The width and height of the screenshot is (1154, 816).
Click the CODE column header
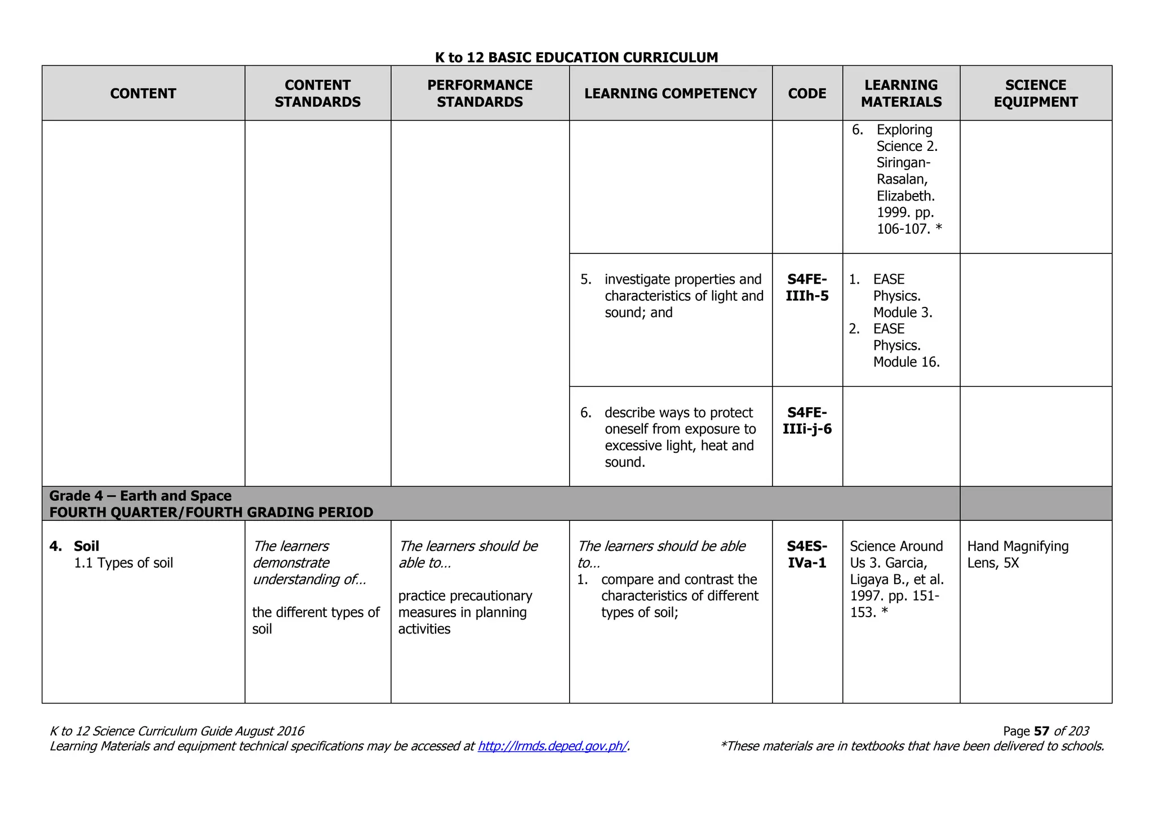click(x=807, y=93)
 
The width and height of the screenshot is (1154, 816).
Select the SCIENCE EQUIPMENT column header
click(x=1035, y=93)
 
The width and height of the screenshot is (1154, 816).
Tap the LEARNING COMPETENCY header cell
click(x=670, y=93)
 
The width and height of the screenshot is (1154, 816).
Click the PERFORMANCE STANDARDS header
click(x=480, y=93)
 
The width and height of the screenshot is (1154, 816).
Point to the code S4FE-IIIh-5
click(x=807, y=288)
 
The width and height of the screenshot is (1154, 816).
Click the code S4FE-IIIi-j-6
click(x=807, y=421)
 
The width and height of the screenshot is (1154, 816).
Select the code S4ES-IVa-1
click(x=807, y=554)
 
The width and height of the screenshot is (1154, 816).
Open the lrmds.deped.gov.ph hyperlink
click(x=552, y=746)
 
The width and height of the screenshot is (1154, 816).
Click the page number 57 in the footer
click(x=1041, y=731)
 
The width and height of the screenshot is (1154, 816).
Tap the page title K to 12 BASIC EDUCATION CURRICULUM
click(x=576, y=57)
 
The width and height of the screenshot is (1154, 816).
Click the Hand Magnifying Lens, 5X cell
click(x=1018, y=554)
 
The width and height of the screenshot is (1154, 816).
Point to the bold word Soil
click(x=86, y=546)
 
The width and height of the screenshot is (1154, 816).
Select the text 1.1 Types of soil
click(x=123, y=563)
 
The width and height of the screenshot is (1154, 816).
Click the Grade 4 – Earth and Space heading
click(x=140, y=496)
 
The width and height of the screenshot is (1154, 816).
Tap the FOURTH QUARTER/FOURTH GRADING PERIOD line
click(x=211, y=512)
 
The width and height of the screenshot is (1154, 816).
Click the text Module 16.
click(x=906, y=362)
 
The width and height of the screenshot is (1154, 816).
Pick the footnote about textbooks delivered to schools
click(x=912, y=746)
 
